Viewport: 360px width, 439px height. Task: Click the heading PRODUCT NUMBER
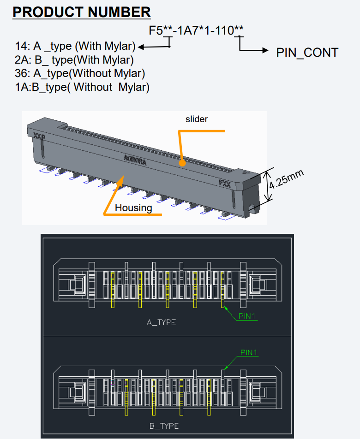pos(82,12)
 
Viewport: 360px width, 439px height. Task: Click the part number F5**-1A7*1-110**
pos(196,31)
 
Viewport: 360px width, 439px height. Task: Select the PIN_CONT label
pos(307,53)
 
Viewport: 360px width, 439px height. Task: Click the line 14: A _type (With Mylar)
pos(75,47)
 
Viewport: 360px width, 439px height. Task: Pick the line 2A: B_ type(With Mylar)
pos(74,60)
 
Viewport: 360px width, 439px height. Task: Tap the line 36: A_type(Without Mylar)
pos(80,73)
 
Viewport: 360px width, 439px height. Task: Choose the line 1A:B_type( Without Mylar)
pos(82,87)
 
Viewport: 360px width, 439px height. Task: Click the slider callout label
pos(197,119)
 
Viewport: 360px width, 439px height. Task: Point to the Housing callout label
pos(133,208)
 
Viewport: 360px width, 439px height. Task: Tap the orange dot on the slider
pos(183,162)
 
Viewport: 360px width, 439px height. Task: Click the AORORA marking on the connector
pos(135,159)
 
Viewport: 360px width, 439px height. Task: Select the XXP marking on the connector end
pos(39,136)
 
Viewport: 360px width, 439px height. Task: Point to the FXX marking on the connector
pos(225,183)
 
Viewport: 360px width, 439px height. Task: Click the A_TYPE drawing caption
pos(161,322)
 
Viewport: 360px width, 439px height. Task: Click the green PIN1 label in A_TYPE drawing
pos(248,316)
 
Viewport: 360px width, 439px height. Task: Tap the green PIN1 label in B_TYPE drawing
pos(249,353)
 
